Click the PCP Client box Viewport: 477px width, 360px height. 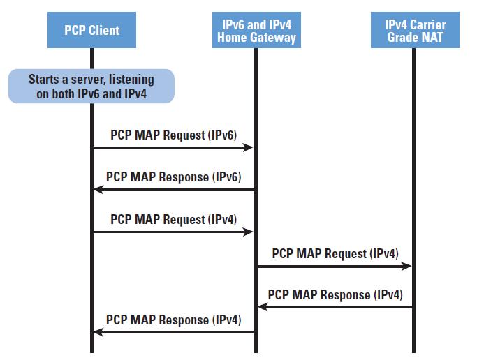click(x=91, y=30)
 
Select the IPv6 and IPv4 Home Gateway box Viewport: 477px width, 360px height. click(x=255, y=30)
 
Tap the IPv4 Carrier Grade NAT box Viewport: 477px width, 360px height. click(x=415, y=30)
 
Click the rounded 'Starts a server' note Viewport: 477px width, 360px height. click(x=91, y=87)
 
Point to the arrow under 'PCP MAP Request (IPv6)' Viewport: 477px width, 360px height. click(x=173, y=147)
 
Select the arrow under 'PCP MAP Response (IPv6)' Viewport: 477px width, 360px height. click(x=173, y=190)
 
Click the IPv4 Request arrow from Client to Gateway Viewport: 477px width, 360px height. click(x=173, y=232)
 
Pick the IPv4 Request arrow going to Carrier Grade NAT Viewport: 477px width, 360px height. click(x=334, y=266)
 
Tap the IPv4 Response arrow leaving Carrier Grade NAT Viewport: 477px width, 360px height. click(x=334, y=307)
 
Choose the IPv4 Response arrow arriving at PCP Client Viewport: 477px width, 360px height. click(x=173, y=332)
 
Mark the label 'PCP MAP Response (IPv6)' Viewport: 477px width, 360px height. click(x=173, y=177)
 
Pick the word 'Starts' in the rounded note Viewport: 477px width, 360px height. click(x=43, y=80)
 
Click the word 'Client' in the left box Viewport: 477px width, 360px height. click(x=105, y=30)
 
